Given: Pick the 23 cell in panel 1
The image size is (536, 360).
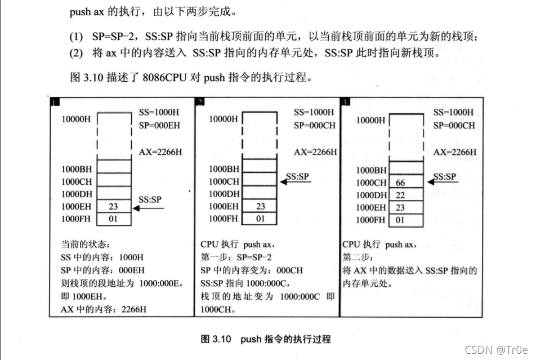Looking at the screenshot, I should tap(113, 207).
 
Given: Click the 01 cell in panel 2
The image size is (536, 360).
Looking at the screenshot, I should tap(260, 219).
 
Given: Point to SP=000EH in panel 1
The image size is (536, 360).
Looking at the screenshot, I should tap(159, 125).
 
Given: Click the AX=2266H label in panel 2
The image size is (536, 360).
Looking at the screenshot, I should tap(315, 152).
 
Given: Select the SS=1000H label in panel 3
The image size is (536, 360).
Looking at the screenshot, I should tap(454, 112).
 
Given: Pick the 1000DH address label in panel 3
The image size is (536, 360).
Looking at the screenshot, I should tap(372, 195).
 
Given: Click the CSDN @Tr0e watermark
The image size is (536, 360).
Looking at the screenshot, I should tap(497, 349).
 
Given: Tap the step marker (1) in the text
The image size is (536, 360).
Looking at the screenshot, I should tap(76, 37).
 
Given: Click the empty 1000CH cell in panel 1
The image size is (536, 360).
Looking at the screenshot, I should tap(113, 181).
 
